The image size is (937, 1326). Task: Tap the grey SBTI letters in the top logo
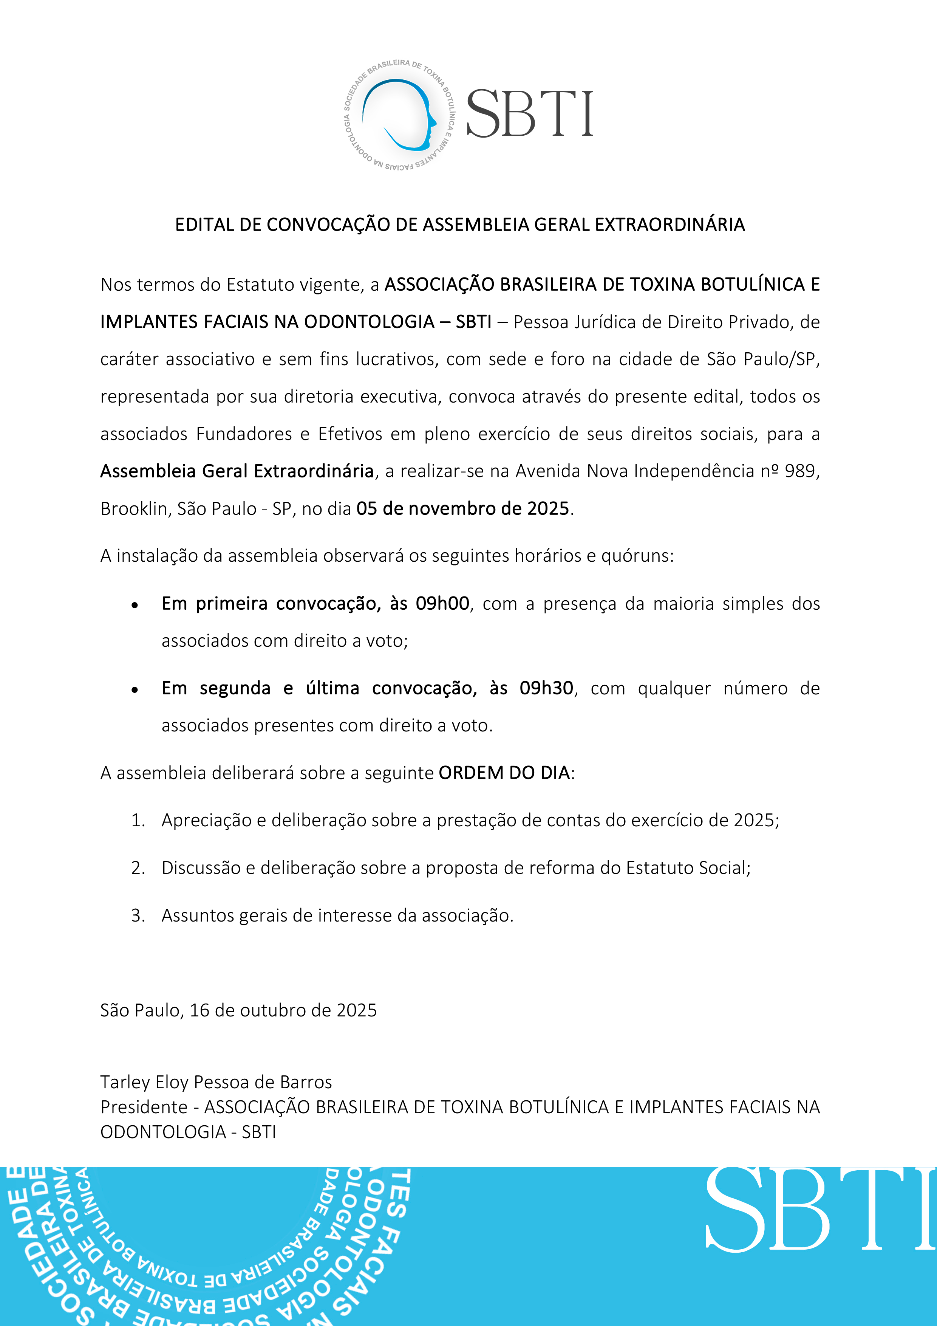(529, 115)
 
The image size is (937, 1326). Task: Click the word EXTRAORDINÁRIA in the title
(670, 225)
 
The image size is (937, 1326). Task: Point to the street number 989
(799, 471)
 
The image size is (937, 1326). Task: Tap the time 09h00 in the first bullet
(442, 604)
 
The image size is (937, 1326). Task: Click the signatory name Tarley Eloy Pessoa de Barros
(216, 1082)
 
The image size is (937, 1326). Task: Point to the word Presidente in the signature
(144, 1107)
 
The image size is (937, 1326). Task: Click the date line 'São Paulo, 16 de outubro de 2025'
(238, 1010)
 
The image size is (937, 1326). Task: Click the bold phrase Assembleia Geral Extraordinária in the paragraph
(237, 471)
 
